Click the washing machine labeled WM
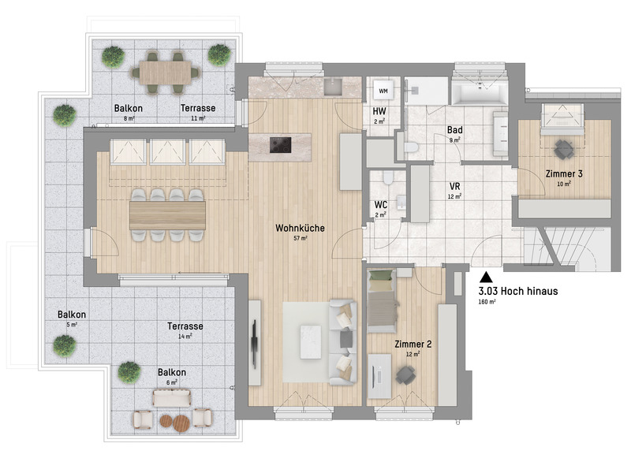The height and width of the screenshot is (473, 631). point(383,91)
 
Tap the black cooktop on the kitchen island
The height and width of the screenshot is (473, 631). point(281,145)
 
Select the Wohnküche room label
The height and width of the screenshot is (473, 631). point(300,228)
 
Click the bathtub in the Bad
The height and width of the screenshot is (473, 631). point(480,91)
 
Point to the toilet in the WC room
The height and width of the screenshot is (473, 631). point(388,177)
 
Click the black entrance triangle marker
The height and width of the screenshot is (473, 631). point(486,277)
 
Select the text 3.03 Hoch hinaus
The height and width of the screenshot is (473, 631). point(518,291)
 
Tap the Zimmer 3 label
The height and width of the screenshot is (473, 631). point(564,173)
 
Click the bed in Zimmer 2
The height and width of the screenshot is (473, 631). point(381,301)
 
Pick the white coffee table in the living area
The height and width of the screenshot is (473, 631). point(311,342)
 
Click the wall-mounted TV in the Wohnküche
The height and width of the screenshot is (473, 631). point(254,344)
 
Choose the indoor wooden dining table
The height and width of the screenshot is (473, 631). point(167,215)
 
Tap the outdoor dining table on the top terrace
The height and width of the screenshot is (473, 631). point(166,73)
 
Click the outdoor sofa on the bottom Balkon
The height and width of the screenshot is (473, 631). point(172,397)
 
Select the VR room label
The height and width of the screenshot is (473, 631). point(455,187)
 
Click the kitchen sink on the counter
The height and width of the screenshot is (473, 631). point(333,87)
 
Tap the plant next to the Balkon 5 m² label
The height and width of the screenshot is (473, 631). point(65,346)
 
